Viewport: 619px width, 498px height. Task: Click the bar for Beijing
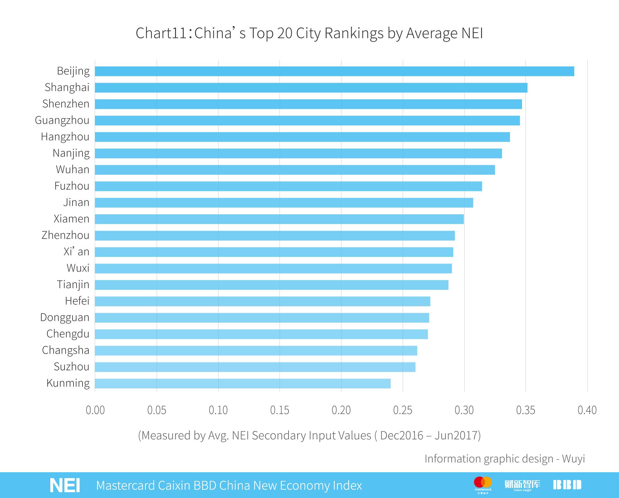click(x=334, y=71)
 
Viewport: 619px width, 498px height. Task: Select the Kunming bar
click(x=242, y=383)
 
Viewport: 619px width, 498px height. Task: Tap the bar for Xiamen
click(x=279, y=219)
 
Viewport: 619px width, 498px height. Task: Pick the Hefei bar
click(x=262, y=301)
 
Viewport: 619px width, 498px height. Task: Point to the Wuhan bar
click(x=295, y=170)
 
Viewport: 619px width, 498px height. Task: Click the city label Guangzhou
click(x=62, y=120)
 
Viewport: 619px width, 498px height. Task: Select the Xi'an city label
click(x=76, y=252)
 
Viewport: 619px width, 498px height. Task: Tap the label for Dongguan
click(x=64, y=318)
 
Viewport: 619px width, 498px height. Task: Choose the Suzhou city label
click(x=71, y=367)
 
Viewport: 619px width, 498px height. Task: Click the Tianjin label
click(x=73, y=285)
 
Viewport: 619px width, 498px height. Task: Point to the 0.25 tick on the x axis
click(x=403, y=410)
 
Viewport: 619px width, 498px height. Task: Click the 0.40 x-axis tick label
click(x=587, y=410)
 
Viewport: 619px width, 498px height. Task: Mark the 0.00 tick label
click(x=95, y=410)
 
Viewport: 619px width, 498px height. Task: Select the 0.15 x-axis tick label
click(x=280, y=410)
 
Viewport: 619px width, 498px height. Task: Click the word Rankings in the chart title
click(x=354, y=34)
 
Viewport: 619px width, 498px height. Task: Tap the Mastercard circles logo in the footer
click(x=483, y=483)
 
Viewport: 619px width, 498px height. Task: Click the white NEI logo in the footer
click(x=65, y=485)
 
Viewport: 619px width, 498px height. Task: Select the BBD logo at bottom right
click(x=567, y=485)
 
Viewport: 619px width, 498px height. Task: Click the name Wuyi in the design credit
click(x=573, y=459)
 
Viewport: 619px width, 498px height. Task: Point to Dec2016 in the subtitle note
click(x=401, y=436)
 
